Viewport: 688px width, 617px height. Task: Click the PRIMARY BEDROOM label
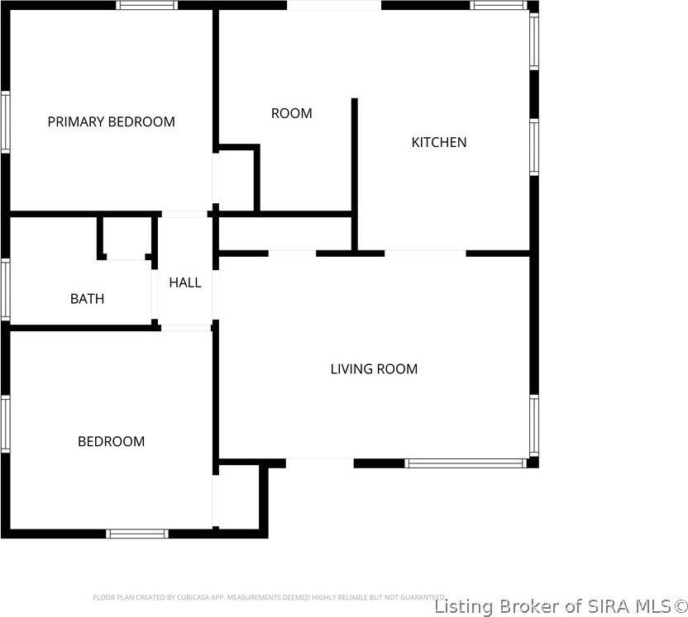pos(111,121)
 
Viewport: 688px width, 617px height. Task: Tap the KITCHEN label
pos(438,142)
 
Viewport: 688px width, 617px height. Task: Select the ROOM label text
pos(291,113)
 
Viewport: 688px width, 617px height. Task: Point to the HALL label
pos(184,282)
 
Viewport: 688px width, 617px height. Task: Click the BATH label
pos(87,299)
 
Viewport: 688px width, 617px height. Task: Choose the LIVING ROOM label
pos(374,369)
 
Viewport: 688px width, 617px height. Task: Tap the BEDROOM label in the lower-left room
pos(111,442)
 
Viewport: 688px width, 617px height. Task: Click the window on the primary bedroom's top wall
pos(146,5)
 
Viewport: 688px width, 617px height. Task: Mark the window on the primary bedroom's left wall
pos(5,121)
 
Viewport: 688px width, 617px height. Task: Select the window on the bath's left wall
pos(5,289)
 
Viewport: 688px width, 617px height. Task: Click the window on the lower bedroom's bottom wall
pos(138,534)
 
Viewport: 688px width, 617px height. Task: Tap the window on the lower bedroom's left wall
pos(5,424)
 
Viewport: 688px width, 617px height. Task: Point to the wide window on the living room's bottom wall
pos(465,463)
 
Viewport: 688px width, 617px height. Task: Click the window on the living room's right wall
pos(533,425)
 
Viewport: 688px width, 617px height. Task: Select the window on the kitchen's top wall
pos(499,5)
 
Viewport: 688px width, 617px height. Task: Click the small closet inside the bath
pos(127,238)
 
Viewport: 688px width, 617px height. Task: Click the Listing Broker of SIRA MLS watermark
pos(560,606)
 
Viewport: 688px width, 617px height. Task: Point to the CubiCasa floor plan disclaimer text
pos(270,596)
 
